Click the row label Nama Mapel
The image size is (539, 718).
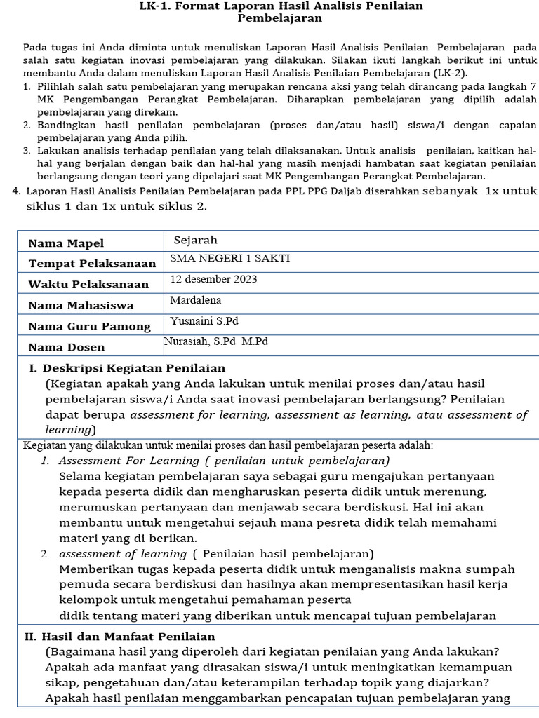point(66,243)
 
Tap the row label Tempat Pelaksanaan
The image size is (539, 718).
point(92,264)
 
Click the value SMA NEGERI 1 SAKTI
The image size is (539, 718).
point(229,259)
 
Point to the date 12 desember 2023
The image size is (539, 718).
point(213,279)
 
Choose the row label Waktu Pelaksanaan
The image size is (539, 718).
point(88,285)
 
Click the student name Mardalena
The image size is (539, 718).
point(196,300)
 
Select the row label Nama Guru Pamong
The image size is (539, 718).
point(89,326)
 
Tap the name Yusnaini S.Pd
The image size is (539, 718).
point(205,321)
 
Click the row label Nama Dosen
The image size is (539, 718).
point(66,347)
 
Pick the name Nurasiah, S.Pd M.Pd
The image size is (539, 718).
point(216,341)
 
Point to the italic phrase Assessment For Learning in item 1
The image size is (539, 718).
point(129,461)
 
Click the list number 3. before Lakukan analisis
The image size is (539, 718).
point(26,151)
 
